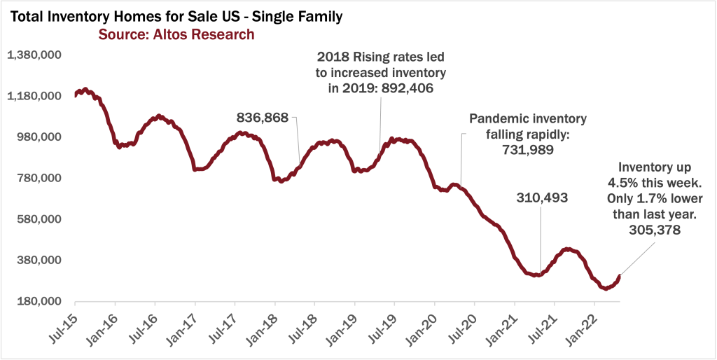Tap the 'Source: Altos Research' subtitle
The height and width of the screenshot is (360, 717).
176,34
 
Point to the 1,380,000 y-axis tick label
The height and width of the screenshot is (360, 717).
34,55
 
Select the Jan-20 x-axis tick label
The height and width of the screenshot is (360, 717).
422,321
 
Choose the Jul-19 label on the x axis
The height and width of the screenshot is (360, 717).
382,321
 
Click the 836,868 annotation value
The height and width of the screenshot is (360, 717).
263,118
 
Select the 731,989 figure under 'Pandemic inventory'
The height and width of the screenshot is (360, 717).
527,149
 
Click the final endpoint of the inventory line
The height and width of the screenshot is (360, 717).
619,275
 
